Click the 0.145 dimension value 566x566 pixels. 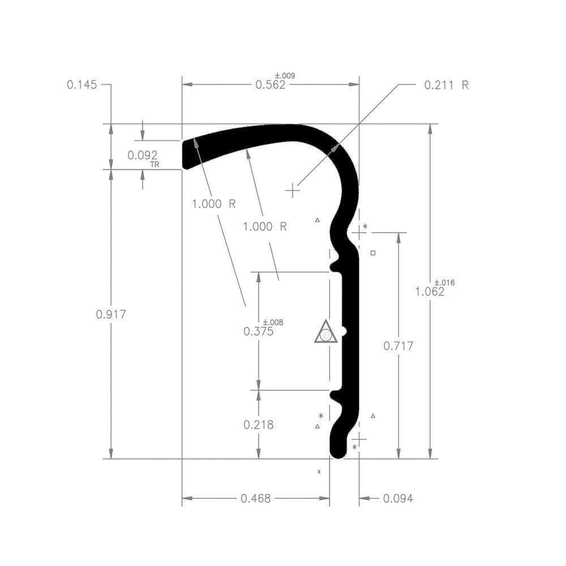[82, 85]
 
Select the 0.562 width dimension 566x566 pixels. [270, 85]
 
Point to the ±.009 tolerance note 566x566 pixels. [285, 76]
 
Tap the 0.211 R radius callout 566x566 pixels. [447, 85]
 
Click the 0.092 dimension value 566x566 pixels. [143, 155]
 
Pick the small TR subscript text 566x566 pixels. [155, 165]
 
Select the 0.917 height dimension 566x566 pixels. [111, 315]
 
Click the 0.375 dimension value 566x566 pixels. [259, 332]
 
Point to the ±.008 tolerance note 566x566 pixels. [273, 323]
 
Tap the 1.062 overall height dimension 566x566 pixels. [430, 292]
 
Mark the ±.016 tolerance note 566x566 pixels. [444, 282]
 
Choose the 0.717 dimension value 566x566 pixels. [398, 346]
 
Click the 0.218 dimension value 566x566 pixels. [259, 424]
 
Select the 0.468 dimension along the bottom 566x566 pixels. [256, 499]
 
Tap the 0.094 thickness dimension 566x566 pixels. [398, 499]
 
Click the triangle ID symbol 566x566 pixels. [325, 333]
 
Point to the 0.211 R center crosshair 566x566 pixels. [292, 191]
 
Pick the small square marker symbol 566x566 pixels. [372, 253]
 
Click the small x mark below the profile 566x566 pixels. [319, 471]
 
